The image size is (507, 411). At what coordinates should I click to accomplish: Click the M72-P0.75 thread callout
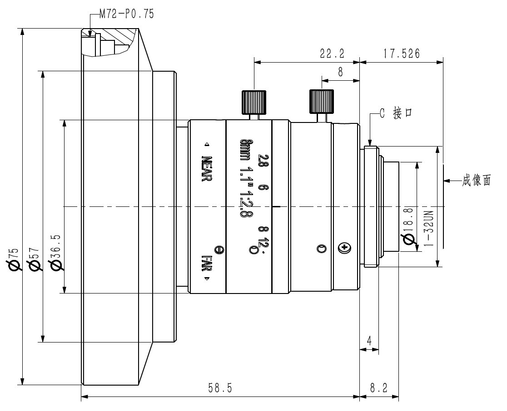(x=126, y=14)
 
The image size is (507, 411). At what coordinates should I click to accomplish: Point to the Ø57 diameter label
(x=34, y=259)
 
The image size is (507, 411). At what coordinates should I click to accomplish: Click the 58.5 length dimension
(x=220, y=388)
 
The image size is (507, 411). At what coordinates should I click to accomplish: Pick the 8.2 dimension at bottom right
(x=378, y=388)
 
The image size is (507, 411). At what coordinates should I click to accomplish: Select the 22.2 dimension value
(x=333, y=53)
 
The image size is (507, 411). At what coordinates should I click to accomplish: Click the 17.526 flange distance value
(x=402, y=53)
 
